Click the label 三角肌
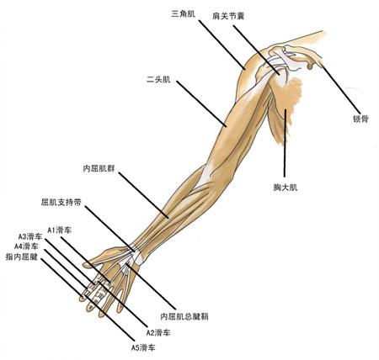pyautogui.click(x=184, y=14)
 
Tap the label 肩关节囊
pyautogui.click(x=228, y=16)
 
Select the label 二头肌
pyautogui.click(x=158, y=80)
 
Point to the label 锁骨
pyautogui.click(x=360, y=119)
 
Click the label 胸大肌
pyautogui.click(x=286, y=188)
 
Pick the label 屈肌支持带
pyautogui.click(x=61, y=202)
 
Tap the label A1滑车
pyautogui.click(x=60, y=230)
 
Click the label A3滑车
pyautogui.click(x=30, y=237)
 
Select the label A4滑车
pyautogui.click(x=26, y=246)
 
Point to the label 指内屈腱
pyautogui.click(x=22, y=257)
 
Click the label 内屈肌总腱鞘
pyautogui.click(x=184, y=317)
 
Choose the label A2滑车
pyautogui.click(x=158, y=333)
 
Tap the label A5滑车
pyautogui.click(x=143, y=347)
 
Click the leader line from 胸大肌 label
pyautogui.click(x=286, y=143)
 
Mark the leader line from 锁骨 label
pyautogui.click(x=341, y=88)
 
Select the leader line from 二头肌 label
pyautogui.click(x=201, y=103)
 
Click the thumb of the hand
pyautogui.click(x=105, y=256)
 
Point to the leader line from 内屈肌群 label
pyautogui.click(x=143, y=195)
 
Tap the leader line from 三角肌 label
pyautogui.click(x=222, y=45)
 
